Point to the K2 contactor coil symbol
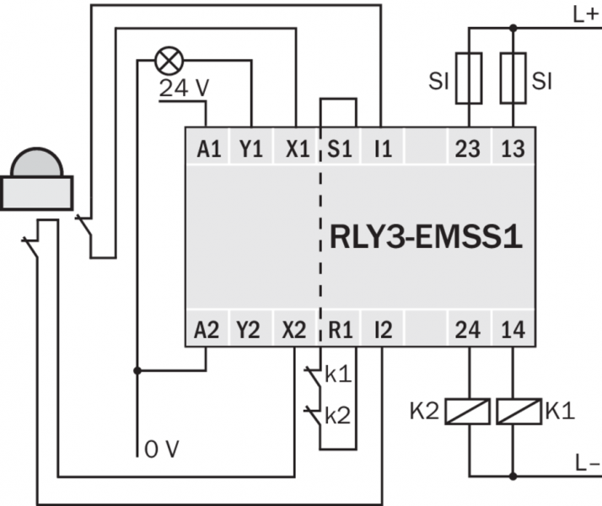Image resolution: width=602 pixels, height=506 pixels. pyautogui.click(x=469, y=412)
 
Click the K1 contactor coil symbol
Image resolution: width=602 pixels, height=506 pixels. pyautogui.click(x=513, y=412)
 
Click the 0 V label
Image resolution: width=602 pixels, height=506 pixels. pyautogui.click(x=162, y=449)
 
